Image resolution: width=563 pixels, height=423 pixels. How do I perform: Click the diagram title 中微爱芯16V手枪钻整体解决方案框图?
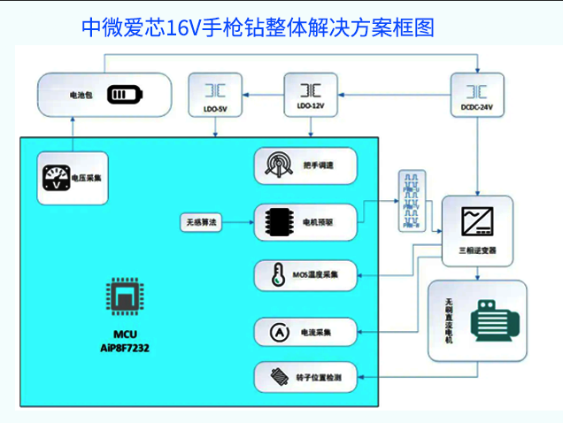tap(258, 27)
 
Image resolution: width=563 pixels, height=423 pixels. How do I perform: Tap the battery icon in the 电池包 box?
tap(124, 94)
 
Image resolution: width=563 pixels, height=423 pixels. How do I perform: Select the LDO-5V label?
tap(214, 109)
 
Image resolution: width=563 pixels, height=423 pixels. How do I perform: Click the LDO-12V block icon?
tap(310, 90)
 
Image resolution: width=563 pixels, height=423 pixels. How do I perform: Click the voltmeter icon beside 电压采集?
tap(56, 177)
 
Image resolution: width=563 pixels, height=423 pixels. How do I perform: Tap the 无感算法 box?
tap(201, 221)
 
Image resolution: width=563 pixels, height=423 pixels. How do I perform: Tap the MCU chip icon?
tap(125, 298)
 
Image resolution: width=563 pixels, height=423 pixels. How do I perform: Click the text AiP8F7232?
tap(125, 348)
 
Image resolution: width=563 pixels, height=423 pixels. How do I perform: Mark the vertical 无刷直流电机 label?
tap(449, 320)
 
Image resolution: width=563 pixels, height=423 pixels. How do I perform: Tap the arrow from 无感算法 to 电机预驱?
tap(239, 221)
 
